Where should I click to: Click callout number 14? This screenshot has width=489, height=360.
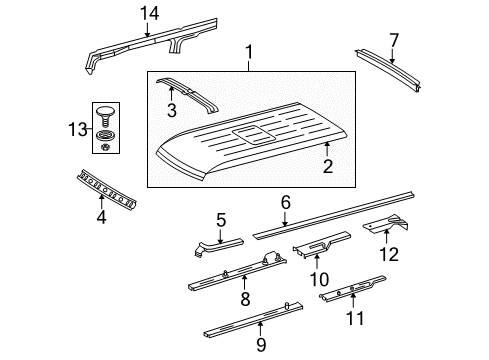(149, 12)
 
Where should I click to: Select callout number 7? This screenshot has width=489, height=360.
(393, 39)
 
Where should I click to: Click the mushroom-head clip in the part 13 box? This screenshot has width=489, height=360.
(106, 110)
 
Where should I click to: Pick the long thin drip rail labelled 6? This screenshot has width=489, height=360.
(340, 221)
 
